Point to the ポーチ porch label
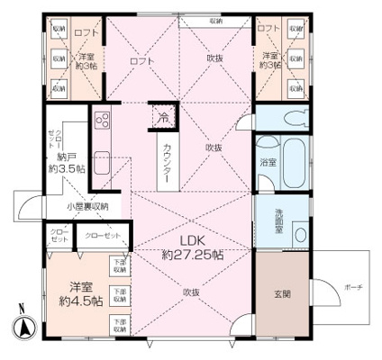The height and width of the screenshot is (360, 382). pyautogui.click(x=352, y=287)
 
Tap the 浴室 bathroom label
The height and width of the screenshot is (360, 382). pyautogui.click(x=269, y=162)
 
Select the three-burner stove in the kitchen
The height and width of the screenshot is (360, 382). pyautogui.click(x=100, y=121)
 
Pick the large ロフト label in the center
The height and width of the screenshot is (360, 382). pyautogui.click(x=142, y=59)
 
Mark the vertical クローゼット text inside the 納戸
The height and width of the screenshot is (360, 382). pyautogui.click(x=50, y=143)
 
